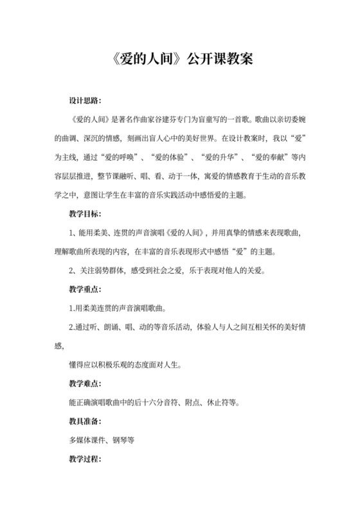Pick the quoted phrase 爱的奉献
(x=280, y=157)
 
